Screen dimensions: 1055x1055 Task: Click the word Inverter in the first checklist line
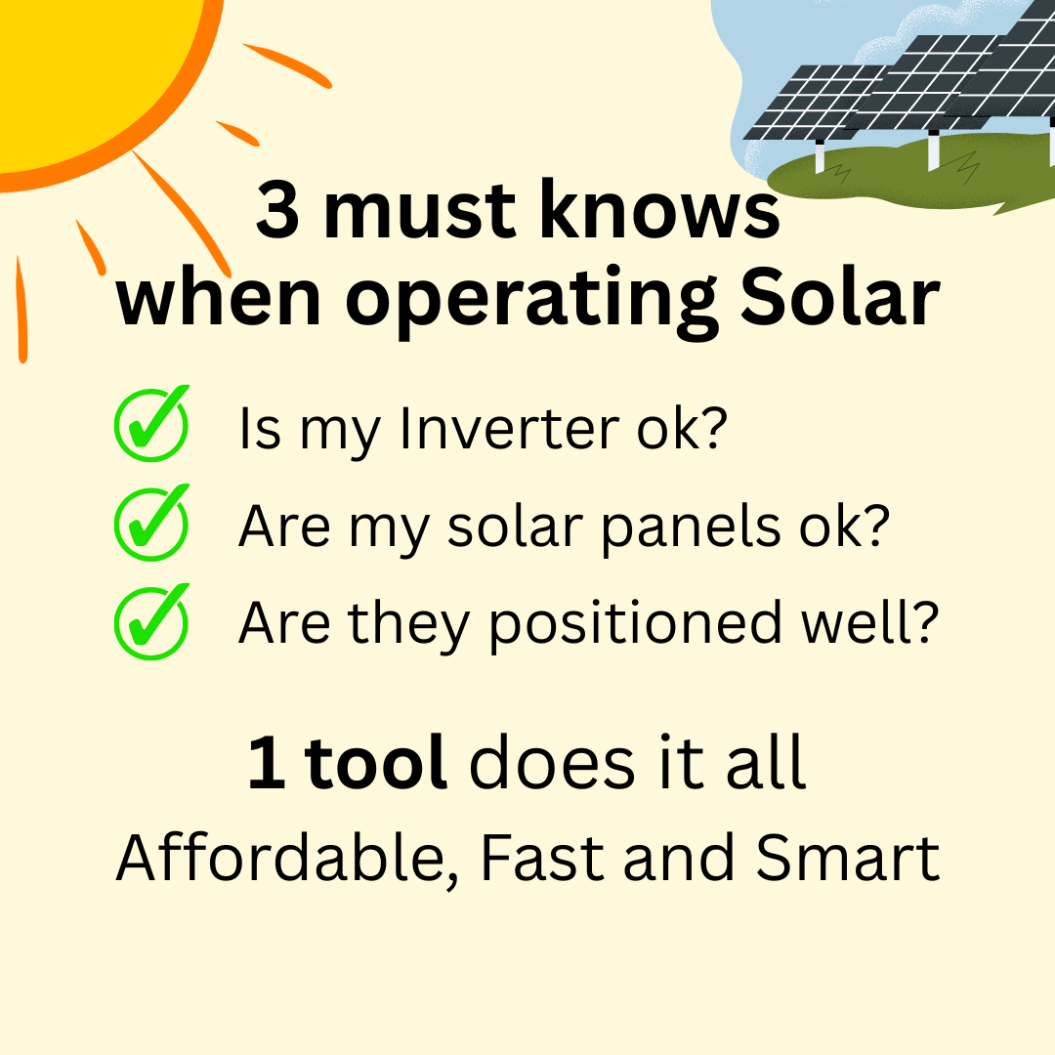point(509,428)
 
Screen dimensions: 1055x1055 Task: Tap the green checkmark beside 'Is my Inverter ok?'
point(152,424)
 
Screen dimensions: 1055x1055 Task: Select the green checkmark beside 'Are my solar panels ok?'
point(152,523)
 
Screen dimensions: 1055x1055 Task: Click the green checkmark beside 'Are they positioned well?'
point(152,621)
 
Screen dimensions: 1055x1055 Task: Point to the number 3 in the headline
point(277,209)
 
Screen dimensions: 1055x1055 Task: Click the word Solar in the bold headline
point(840,296)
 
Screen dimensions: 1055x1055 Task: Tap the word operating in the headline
point(531,301)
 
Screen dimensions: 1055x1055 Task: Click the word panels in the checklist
point(691,528)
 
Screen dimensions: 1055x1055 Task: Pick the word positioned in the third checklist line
point(635,626)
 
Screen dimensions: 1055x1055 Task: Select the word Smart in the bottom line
point(848,858)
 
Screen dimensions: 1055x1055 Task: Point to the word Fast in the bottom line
point(542,858)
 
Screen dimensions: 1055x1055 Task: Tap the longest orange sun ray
point(182,214)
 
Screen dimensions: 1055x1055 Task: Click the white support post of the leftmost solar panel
point(820,156)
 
